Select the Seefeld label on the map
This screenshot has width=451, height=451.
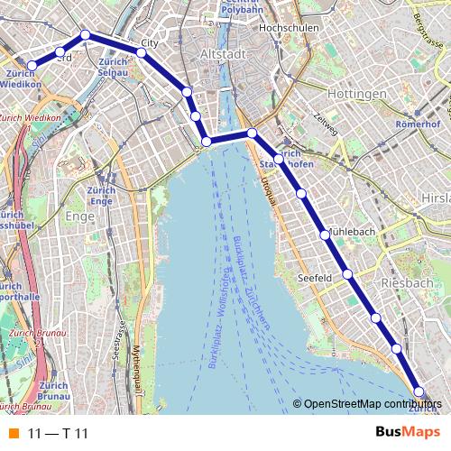coord(317,278)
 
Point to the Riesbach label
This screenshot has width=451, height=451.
coord(408,282)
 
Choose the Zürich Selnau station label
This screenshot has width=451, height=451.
coord(113,66)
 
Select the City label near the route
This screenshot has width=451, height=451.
coord(151,42)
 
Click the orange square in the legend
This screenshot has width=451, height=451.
coord(14,434)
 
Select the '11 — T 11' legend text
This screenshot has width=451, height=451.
coord(59,434)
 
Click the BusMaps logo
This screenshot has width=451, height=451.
coord(408,433)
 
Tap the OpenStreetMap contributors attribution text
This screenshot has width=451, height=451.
coord(372,403)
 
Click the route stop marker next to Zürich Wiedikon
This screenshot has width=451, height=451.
coord(32,65)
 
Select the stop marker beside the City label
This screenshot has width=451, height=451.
coord(142,53)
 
